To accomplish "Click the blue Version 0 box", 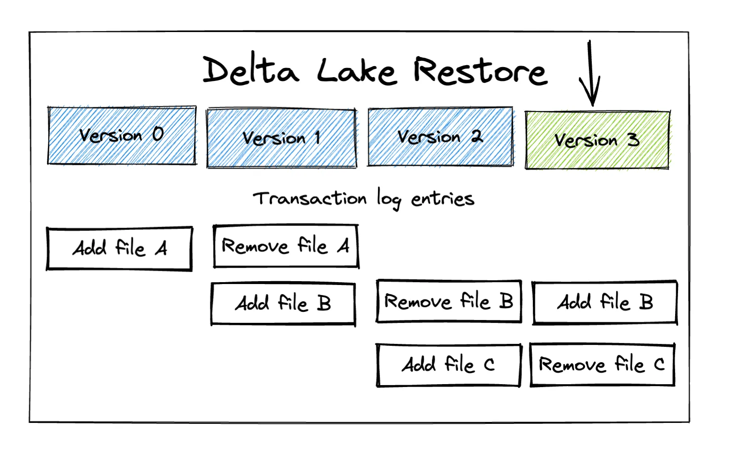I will click(x=122, y=136).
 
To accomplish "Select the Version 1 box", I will click(x=282, y=138).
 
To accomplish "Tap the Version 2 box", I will click(x=440, y=137).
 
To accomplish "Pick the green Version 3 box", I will click(x=597, y=140).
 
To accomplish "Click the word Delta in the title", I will click(x=251, y=71).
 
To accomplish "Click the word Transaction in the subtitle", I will click(x=310, y=198).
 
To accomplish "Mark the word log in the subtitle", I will click(x=389, y=199).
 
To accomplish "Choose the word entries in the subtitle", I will click(x=443, y=198).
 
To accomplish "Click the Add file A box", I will click(x=119, y=249).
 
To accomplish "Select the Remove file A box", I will click(x=286, y=246).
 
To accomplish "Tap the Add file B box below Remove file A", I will click(x=283, y=304).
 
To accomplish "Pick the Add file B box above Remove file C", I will click(x=605, y=302).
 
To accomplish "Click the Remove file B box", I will click(x=448, y=301).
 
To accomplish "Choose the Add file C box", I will click(x=448, y=365).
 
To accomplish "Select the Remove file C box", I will click(x=602, y=365).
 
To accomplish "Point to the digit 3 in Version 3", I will click(x=633, y=140).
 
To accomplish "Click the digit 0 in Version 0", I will click(x=158, y=134).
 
